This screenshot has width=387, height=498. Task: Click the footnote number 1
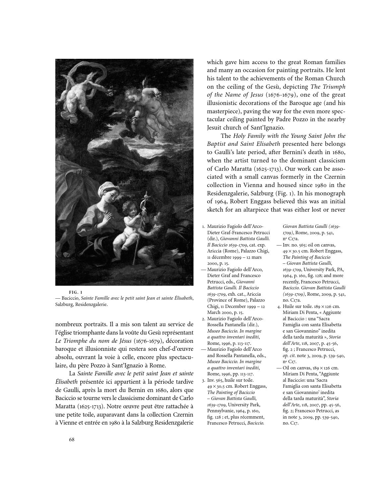coord(203,227)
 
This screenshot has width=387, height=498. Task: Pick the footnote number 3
coord(203,380)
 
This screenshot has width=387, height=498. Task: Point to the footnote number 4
coord(279,306)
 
